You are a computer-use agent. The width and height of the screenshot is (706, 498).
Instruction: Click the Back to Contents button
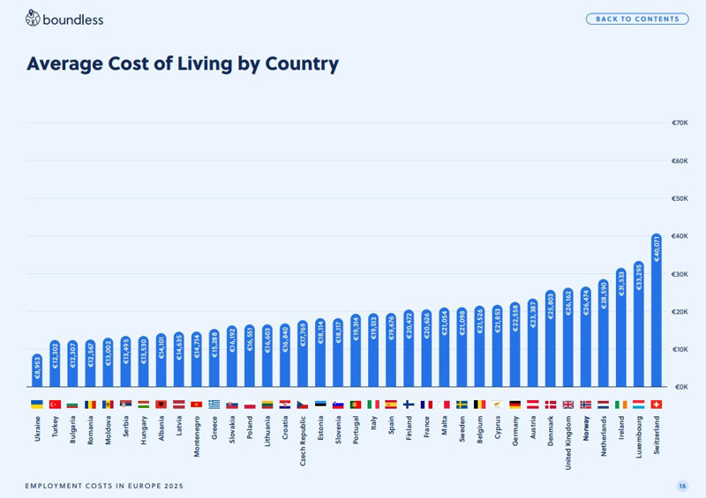pos(637,19)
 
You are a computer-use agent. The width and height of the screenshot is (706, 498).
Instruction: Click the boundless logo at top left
pos(64,19)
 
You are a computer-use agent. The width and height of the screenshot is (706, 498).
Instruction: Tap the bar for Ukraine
pos(37,370)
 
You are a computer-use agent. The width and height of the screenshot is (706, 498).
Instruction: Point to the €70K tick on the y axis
pos(680,123)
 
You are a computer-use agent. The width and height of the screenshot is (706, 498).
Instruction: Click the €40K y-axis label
pos(680,236)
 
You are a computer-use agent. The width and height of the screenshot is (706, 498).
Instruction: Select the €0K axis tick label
pos(680,387)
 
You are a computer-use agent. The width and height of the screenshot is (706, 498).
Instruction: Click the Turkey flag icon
pos(55,405)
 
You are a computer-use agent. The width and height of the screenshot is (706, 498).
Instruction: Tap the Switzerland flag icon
pos(656,405)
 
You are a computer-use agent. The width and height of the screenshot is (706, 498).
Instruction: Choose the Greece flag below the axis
pos(214,405)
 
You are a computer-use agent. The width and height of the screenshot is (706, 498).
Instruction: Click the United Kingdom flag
pos(567,405)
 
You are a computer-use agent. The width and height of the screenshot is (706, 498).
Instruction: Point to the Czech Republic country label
pos(303,441)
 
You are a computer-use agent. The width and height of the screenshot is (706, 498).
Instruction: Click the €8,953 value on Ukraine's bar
pos(37,368)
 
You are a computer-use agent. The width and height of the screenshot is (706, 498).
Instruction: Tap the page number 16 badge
pos(682,486)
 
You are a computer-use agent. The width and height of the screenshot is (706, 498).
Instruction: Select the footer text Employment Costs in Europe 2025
pos(104,486)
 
